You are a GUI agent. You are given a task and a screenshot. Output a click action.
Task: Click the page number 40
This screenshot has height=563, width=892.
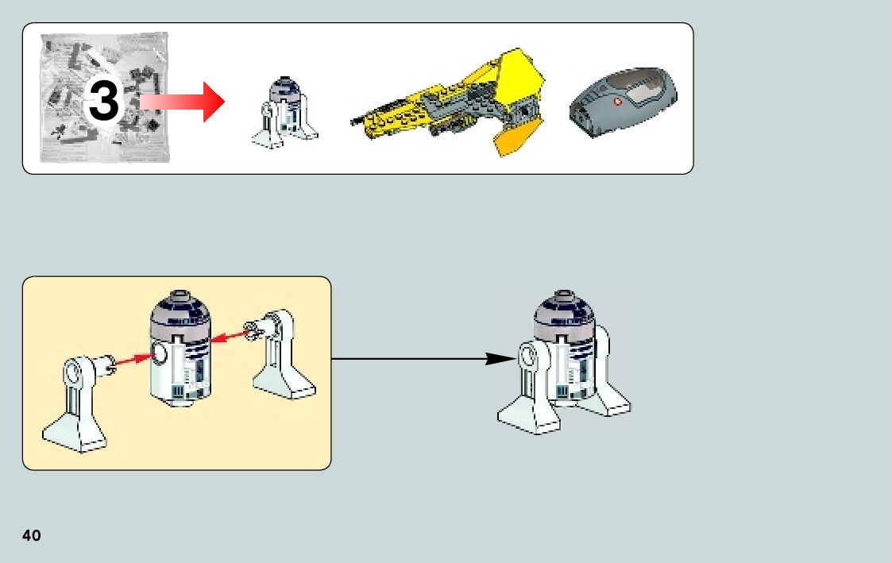pos(32,535)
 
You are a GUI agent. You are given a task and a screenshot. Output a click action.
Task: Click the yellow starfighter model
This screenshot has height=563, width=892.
pos(453,103)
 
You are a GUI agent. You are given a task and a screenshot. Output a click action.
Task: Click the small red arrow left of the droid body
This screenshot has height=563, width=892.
pos(132,360)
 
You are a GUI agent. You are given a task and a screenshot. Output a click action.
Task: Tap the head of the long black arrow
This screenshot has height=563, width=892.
pos(500,359)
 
